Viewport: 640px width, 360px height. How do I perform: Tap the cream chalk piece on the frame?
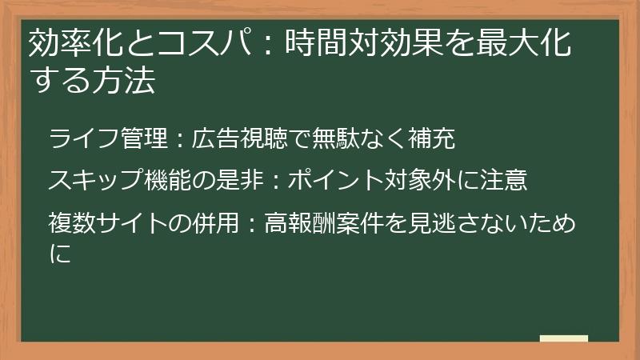[564, 339]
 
